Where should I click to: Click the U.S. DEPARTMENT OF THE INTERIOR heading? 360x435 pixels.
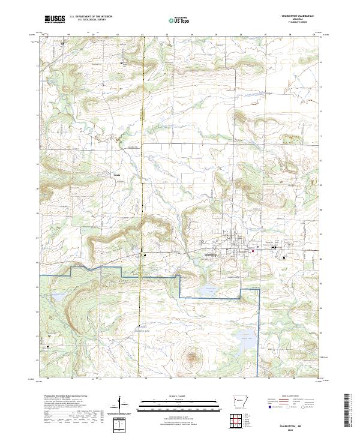coord(91,17)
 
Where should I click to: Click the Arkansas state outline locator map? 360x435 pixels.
coord(242,400)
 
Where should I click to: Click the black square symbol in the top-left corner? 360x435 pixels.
coord(61,43)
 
